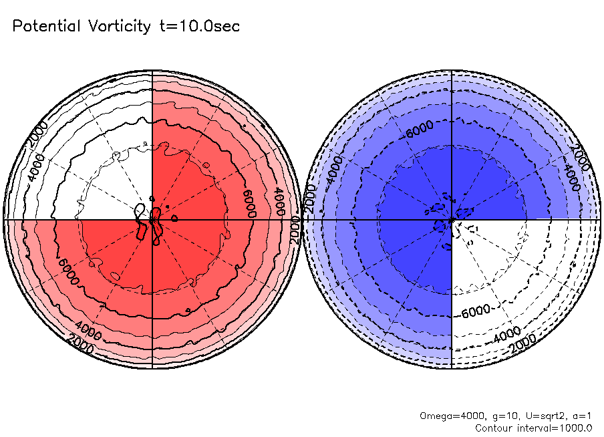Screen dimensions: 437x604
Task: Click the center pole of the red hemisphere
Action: pyautogui.click(x=152, y=219)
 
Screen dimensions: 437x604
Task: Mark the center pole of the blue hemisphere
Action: pyautogui.click(x=452, y=219)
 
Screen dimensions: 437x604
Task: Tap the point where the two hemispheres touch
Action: pyautogui.click(x=302, y=219)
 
